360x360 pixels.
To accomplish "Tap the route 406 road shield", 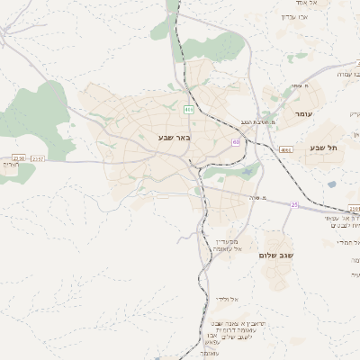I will [188, 110].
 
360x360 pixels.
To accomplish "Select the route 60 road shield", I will [236, 141].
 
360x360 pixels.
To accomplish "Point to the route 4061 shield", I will [286, 150].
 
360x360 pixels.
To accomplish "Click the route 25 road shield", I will [293, 205].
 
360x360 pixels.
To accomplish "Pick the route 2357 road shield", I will [37, 159].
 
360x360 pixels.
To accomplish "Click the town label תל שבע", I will [319, 148].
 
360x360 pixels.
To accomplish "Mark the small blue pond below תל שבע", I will [331, 184].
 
